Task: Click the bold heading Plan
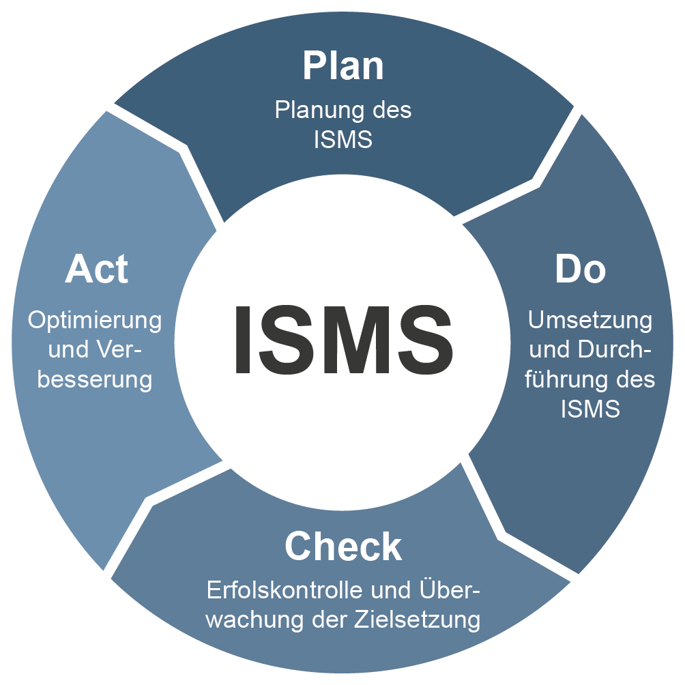pos(343,66)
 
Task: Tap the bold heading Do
pos(580,269)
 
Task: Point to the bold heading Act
pos(96,269)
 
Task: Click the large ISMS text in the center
pos(343,340)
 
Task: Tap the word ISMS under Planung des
pos(343,139)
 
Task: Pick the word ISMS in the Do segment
pos(591,409)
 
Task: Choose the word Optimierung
pos(95,319)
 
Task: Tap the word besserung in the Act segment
pos(95,379)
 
